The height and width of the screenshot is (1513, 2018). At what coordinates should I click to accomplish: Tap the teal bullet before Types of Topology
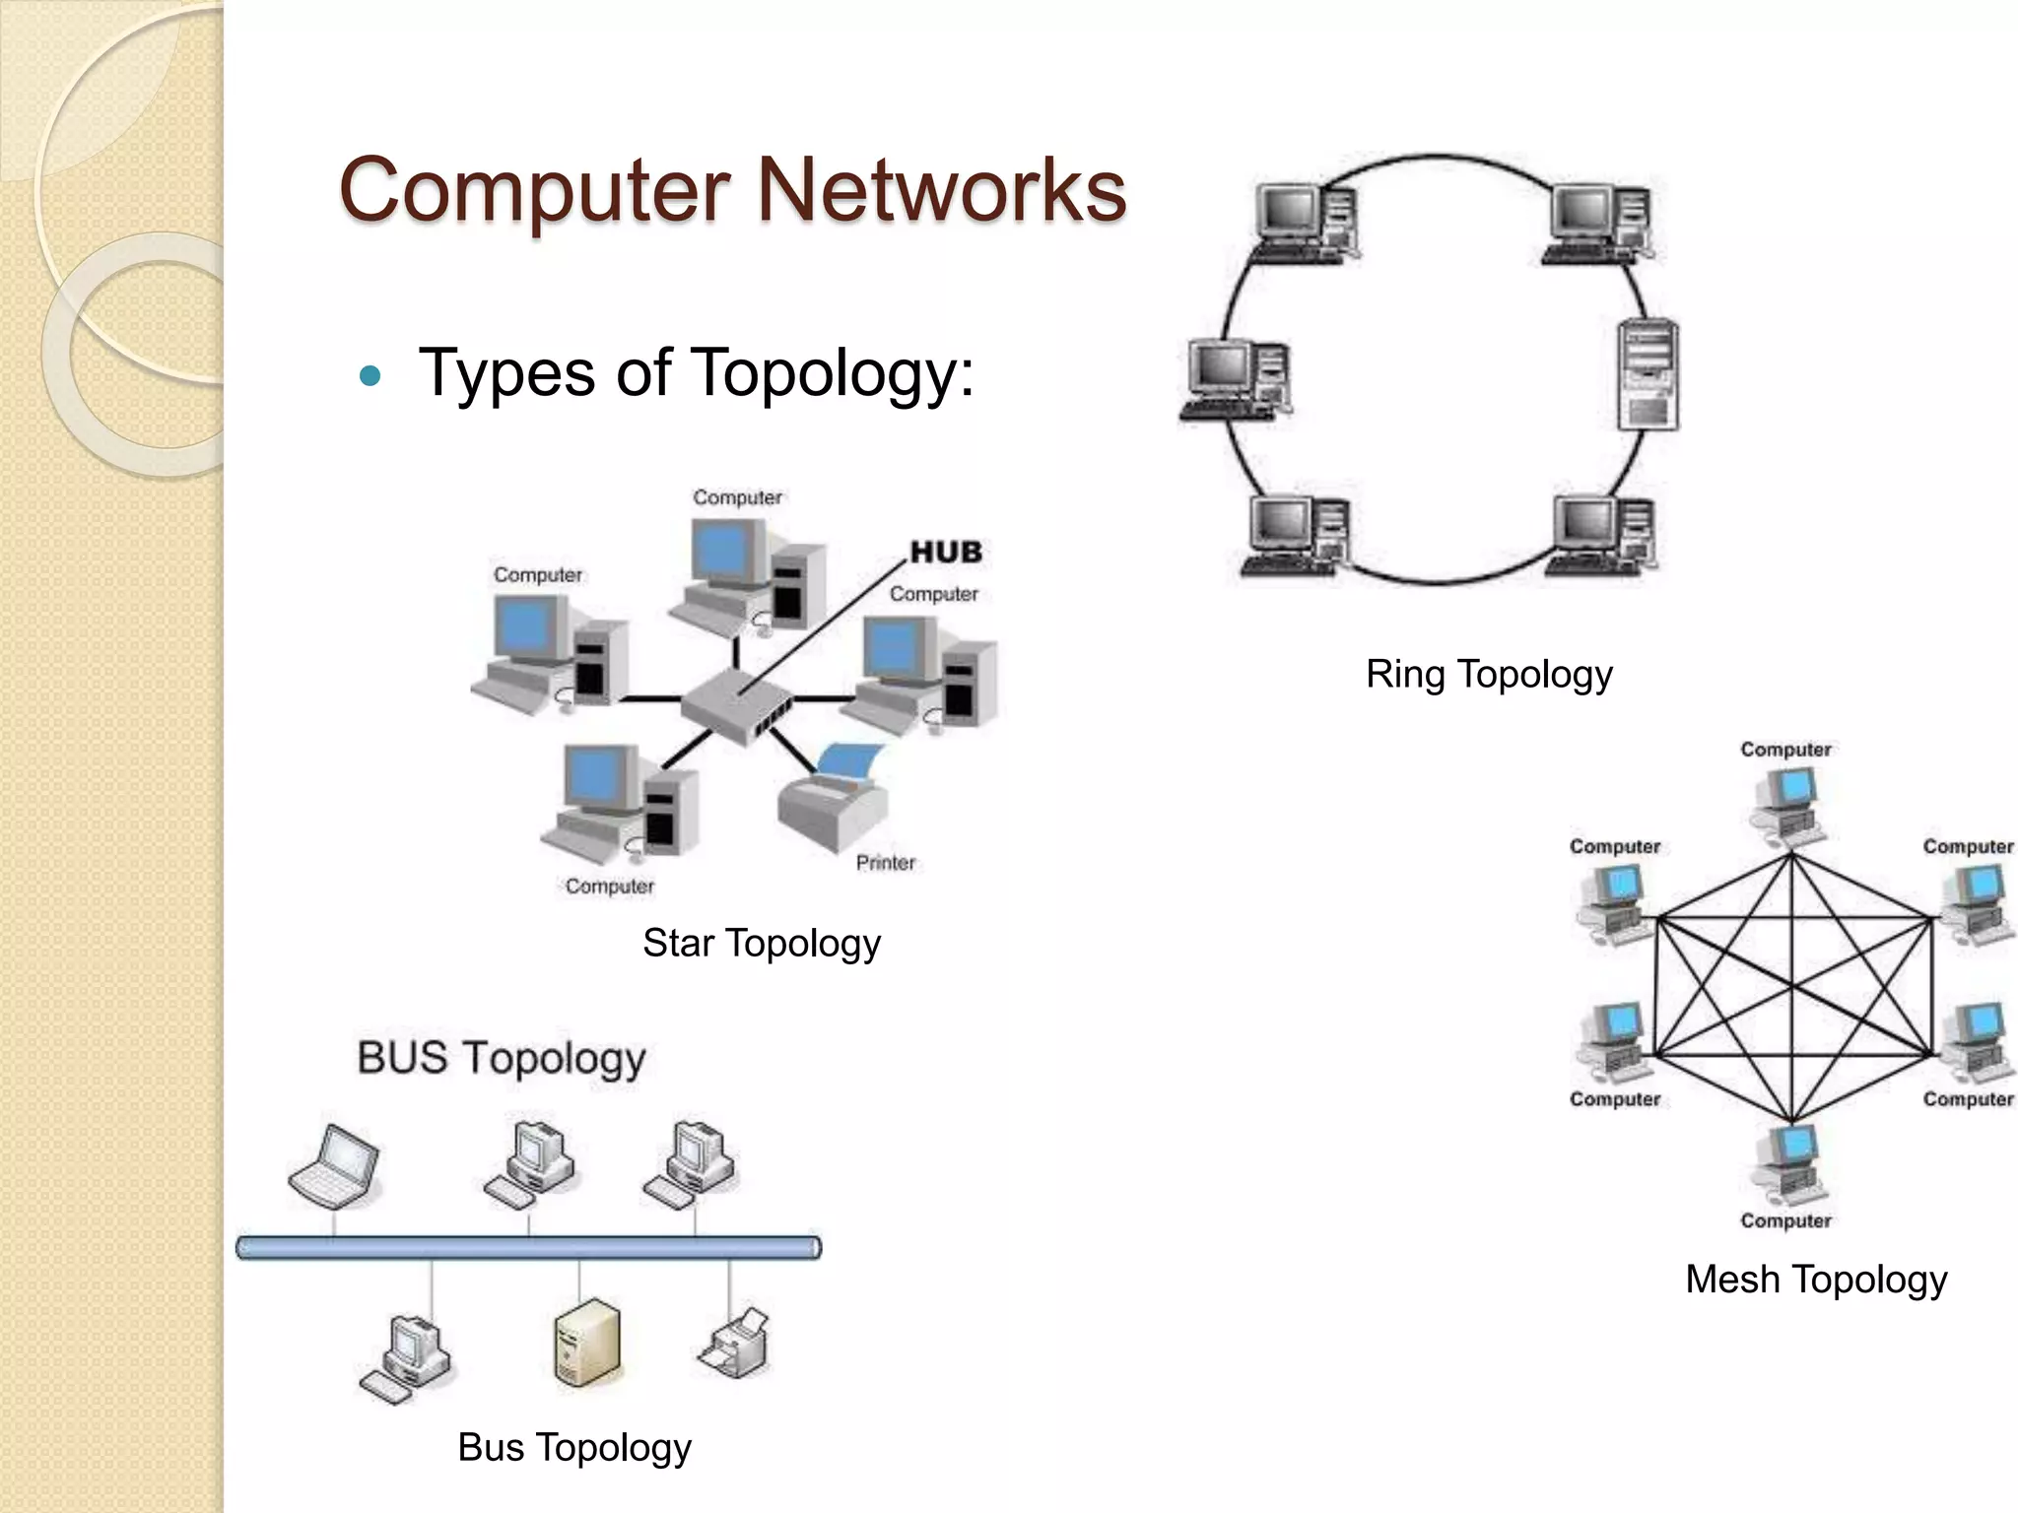[x=370, y=375]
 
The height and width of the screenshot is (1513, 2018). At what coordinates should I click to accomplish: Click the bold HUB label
[x=946, y=553]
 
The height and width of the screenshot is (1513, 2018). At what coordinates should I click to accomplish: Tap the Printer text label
[x=885, y=863]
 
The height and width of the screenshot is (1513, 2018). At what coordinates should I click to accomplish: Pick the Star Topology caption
[x=761, y=943]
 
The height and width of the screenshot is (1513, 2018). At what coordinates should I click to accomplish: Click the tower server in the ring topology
[x=1648, y=374]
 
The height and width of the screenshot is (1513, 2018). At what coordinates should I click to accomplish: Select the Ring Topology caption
[x=1489, y=675]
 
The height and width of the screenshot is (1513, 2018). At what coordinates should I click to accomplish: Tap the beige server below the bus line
[x=587, y=1342]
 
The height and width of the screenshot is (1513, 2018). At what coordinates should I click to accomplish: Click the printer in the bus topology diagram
[x=736, y=1342]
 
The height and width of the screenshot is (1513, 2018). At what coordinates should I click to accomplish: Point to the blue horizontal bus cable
[x=528, y=1247]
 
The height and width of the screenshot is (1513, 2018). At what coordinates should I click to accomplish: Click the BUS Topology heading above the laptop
[x=501, y=1058]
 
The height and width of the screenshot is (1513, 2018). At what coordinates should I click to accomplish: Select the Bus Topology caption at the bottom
[x=574, y=1447]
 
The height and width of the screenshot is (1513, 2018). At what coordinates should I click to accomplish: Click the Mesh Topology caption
[x=1815, y=1280]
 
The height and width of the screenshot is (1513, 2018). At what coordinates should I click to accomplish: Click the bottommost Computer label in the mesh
[x=1785, y=1220]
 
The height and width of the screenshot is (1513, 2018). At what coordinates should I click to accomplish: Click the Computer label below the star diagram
[x=609, y=887]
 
